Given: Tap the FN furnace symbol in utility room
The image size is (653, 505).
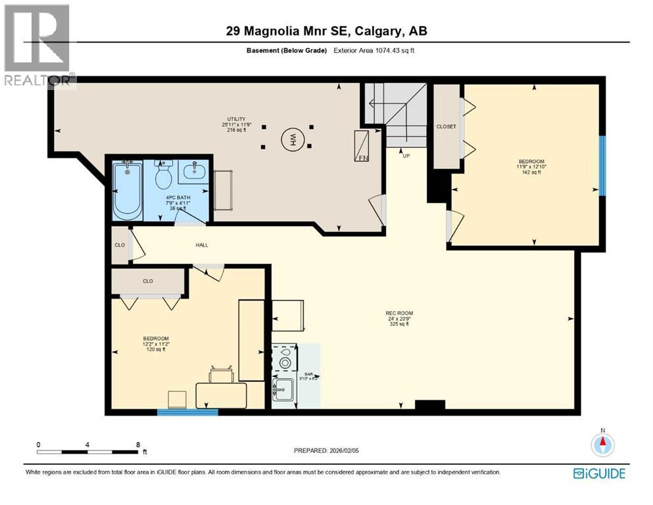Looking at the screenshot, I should pyautogui.click(x=362, y=146).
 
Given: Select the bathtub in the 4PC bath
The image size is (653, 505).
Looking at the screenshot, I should pyautogui.click(x=127, y=191).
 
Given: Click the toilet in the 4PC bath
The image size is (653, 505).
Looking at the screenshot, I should pyautogui.click(x=162, y=175).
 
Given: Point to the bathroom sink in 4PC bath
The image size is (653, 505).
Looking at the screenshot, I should pyautogui.click(x=193, y=173).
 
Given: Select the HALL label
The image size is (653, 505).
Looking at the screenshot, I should pyautogui.click(x=202, y=245).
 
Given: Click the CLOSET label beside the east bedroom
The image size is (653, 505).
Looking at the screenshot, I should pyautogui.click(x=446, y=127).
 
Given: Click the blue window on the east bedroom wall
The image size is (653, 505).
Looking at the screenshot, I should pyautogui.click(x=602, y=166).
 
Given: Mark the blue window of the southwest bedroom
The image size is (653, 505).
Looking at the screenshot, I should pyautogui.click(x=187, y=412).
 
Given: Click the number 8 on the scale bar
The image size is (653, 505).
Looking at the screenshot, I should pyautogui.click(x=137, y=445).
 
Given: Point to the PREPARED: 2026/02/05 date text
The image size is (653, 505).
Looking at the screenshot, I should pyautogui.click(x=328, y=450).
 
